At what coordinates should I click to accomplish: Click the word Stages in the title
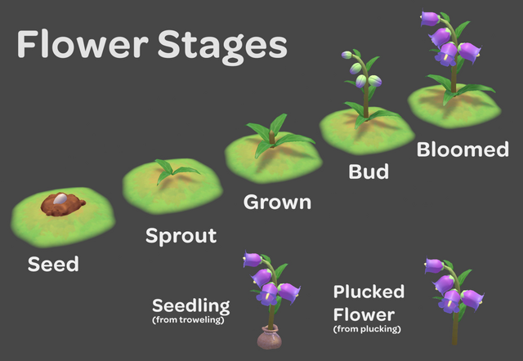click(x=219, y=47)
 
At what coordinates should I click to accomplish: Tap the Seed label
click(x=53, y=264)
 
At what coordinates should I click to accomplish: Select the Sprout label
click(x=181, y=237)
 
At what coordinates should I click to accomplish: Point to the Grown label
click(x=278, y=201)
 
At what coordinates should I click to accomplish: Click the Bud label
click(x=369, y=172)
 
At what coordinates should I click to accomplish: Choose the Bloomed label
click(x=463, y=150)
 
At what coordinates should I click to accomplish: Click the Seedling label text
click(x=190, y=306)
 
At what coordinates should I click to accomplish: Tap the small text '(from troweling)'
click(x=188, y=320)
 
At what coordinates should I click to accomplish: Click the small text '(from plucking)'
click(x=367, y=328)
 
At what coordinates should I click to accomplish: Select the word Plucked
click(x=369, y=292)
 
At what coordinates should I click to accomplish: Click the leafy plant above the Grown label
click(x=273, y=133)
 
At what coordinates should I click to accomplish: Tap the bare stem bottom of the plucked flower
click(x=454, y=331)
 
